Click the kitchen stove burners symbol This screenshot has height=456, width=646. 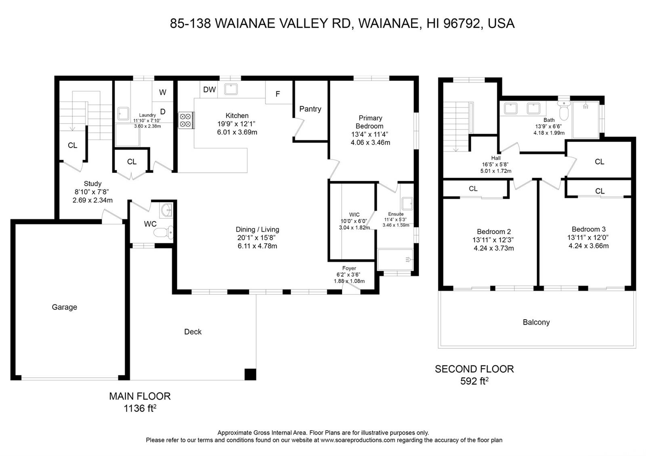tap(186, 120)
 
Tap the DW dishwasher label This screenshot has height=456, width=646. tap(210, 90)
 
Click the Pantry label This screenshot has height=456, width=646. tap(310, 109)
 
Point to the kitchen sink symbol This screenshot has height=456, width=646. tap(231, 89)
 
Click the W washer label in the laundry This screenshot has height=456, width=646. tap(163, 92)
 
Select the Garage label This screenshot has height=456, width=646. tap(64, 307)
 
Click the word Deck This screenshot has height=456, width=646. tap(193, 332)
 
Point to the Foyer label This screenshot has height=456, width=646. tap(349, 268)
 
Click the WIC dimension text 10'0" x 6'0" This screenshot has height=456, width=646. tap(354, 222)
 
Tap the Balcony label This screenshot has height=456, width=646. tap(536, 322)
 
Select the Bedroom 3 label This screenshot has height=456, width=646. tap(589, 229)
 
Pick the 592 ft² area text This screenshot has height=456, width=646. tap(474, 381)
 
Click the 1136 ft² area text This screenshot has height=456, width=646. tap(140, 408)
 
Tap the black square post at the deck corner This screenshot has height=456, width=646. tap(250, 374)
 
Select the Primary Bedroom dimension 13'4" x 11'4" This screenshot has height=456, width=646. tap(369, 134)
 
